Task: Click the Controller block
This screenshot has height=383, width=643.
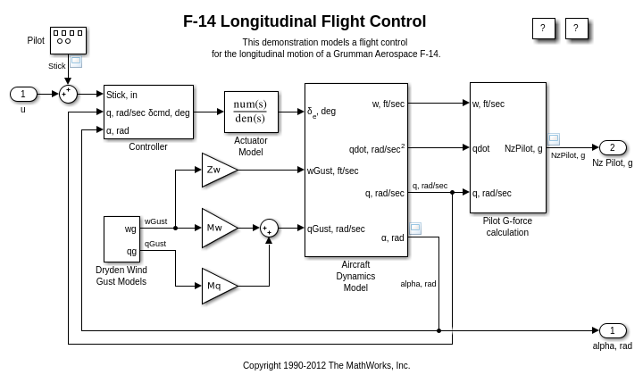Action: [x=148, y=112]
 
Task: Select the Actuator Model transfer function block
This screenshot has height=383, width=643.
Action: [x=251, y=112]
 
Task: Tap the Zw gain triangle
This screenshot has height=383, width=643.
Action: [x=217, y=170]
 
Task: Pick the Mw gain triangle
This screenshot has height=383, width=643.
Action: [x=217, y=228]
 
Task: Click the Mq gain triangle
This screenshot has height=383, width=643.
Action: [x=217, y=286]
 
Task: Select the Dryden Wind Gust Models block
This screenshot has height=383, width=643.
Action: [x=121, y=238]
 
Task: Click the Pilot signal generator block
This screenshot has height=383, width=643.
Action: [x=68, y=40]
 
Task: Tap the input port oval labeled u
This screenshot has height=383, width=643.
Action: [x=24, y=95]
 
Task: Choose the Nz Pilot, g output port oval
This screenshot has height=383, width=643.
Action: [x=613, y=147]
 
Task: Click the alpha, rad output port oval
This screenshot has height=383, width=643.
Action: [x=613, y=330]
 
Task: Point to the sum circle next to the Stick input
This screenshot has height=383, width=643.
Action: [x=68, y=95]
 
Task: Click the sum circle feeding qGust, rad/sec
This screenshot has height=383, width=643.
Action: [x=269, y=228]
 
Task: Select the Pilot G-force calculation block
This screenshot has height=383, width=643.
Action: [x=507, y=147]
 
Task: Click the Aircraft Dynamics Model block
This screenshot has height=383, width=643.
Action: [x=355, y=170]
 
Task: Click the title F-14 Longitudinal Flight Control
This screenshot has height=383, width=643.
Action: [x=305, y=21]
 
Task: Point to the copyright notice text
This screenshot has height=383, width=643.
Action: [x=326, y=365]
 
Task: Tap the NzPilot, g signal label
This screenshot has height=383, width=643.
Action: [x=568, y=155]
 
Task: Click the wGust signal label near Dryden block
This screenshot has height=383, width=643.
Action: [x=156, y=221]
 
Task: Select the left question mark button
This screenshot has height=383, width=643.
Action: [x=543, y=29]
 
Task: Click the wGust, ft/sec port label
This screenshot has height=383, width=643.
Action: [x=333, y=171]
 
